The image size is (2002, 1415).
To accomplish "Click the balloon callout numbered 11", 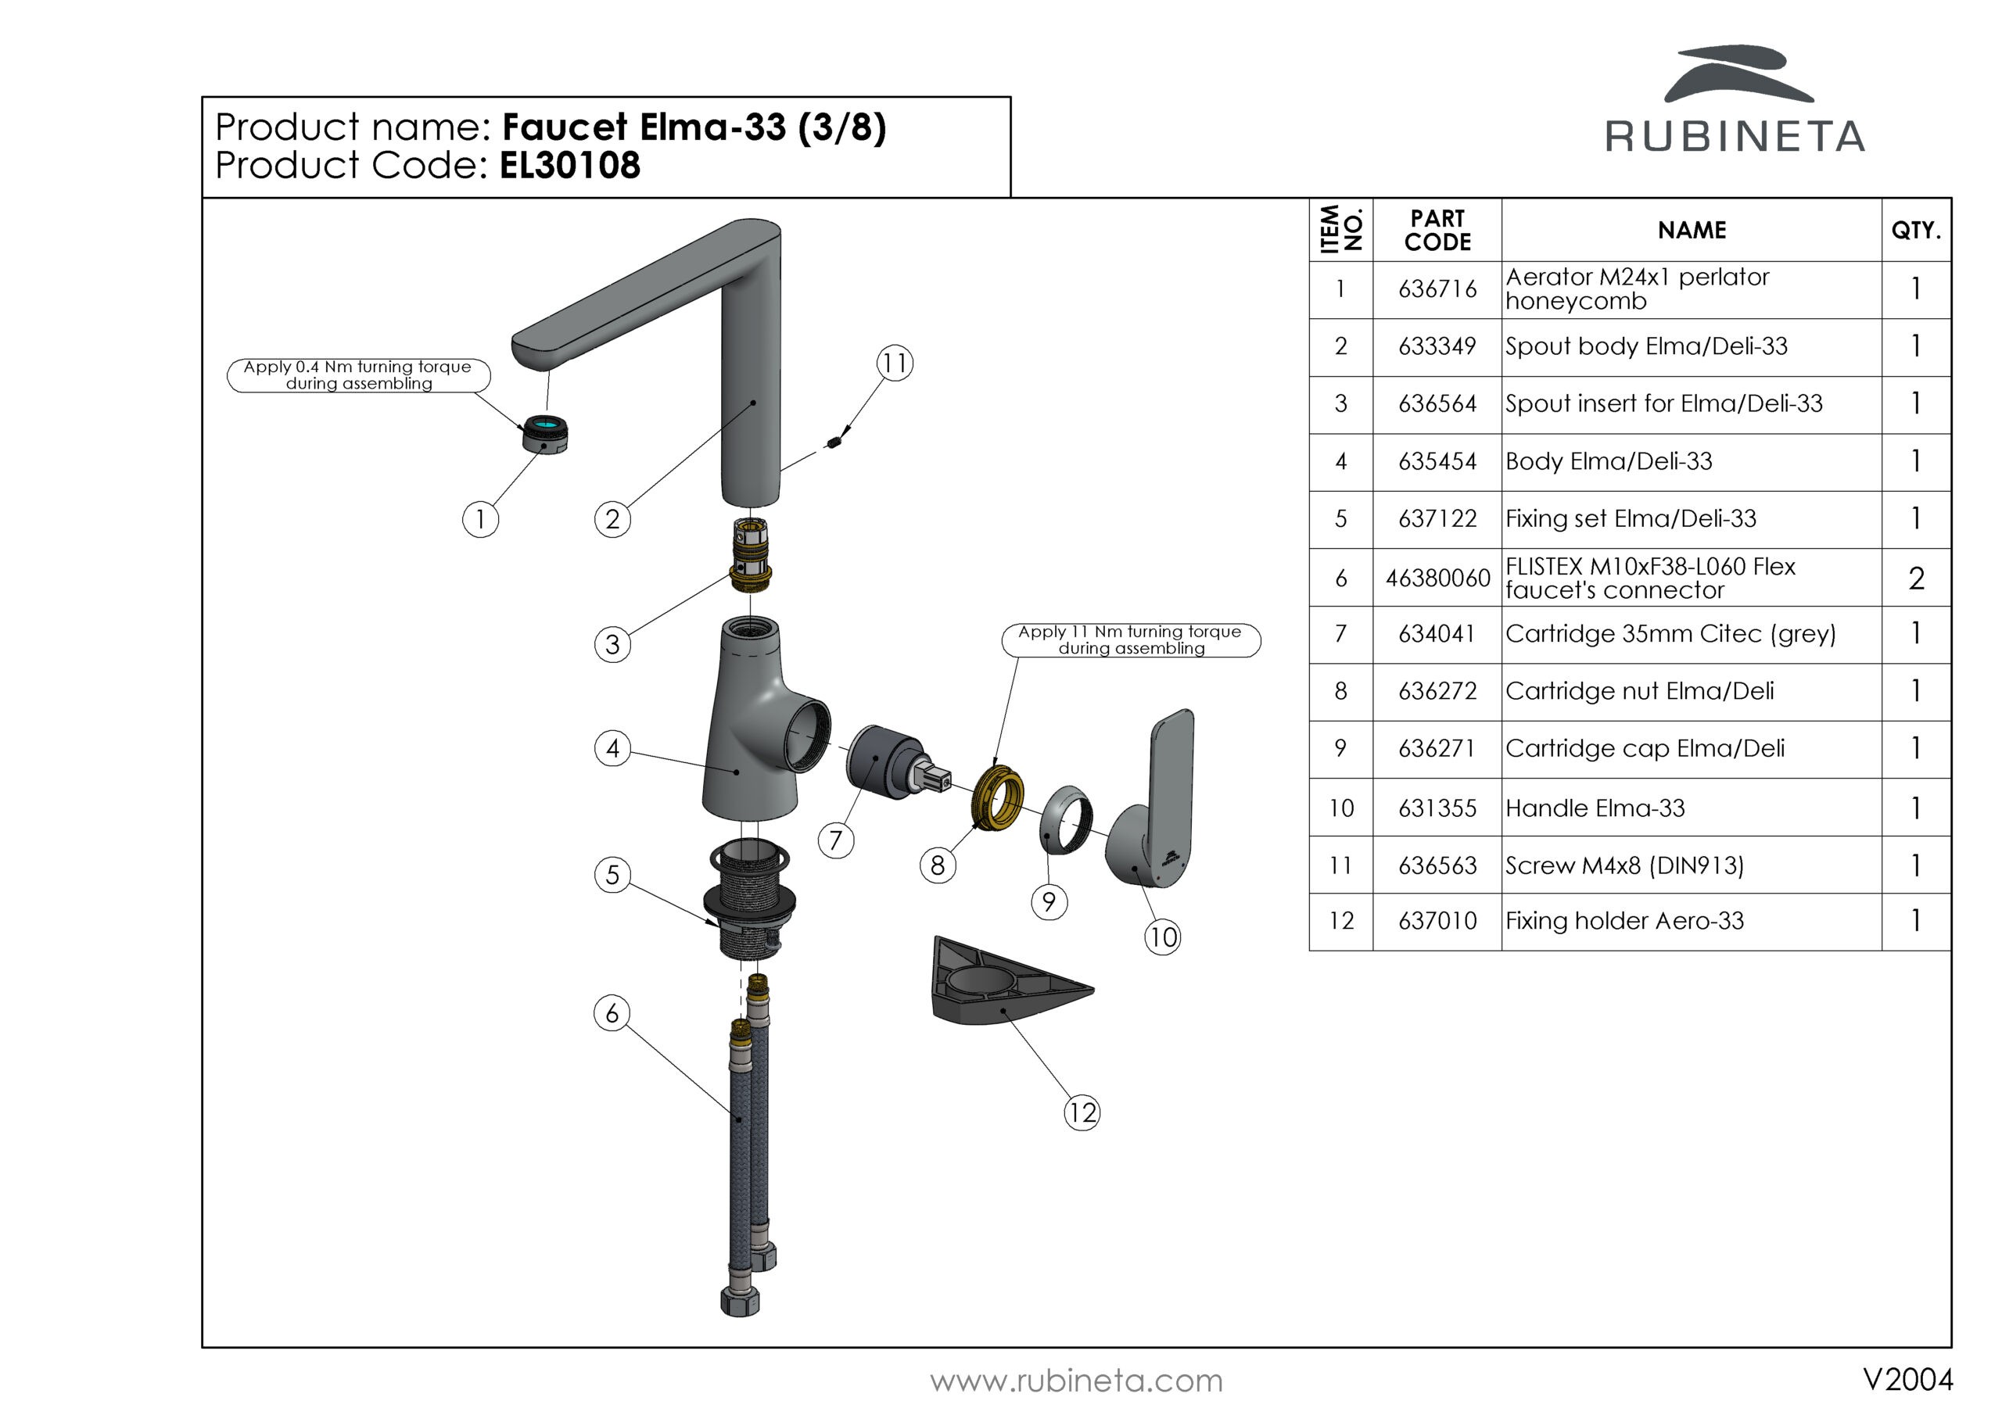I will point(895,363).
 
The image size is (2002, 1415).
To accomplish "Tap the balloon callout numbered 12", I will point(1082,1112).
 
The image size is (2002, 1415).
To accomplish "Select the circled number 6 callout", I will point(612,1013).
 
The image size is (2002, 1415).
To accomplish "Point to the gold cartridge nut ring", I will point(998,797).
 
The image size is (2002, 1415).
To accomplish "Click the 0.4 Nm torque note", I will point(358,376).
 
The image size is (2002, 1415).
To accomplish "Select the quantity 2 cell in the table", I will point(1916,578).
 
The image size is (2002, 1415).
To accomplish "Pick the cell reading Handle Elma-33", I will point(1595,808).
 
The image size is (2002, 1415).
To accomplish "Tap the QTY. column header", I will point(1916,230).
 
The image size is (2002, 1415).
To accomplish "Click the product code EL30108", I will point(569,166).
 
